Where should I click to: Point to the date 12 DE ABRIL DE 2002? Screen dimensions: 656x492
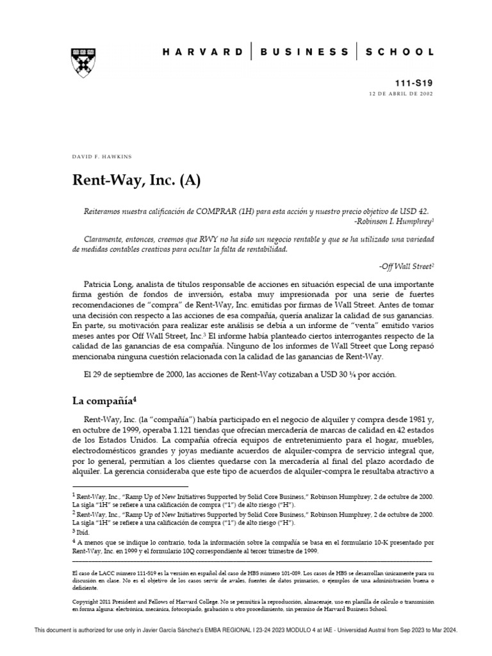click(402, 94)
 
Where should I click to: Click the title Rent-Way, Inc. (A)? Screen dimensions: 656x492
click(136, 181)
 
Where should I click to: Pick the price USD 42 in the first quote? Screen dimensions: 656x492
click(411, 212)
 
